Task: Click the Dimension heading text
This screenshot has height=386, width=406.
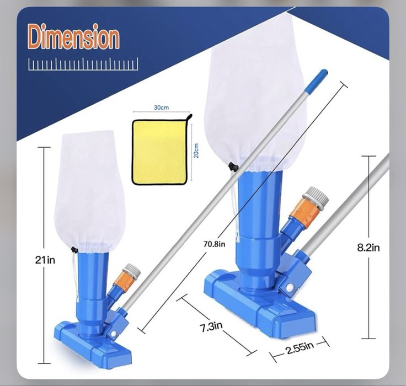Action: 73,37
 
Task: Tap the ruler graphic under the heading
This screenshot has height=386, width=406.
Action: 83,64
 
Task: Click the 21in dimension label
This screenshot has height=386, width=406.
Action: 45,260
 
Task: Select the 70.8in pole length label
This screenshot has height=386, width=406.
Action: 214,244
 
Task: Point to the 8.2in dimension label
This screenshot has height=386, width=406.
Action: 368,248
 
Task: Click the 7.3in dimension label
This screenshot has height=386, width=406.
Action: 211,326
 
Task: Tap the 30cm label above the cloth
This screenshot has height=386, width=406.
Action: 161,108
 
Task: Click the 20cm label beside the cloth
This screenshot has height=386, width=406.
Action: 196,151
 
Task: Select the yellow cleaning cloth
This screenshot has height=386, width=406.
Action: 159,152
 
